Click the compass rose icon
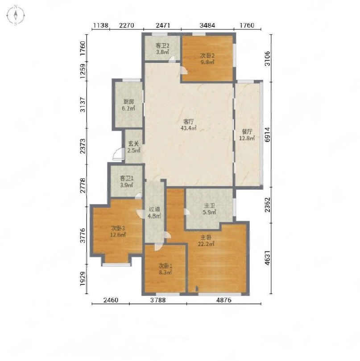pyautogui.click(x=16, y=16)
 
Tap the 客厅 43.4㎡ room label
pyautogui.click(x=189, y=125)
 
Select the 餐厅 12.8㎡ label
pyautogui.click(x=247, y=135)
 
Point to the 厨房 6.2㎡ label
pyautogui.click(x=128, y=105)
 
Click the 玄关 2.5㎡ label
pyautogui.click(x=134, y=148)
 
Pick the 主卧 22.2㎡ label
pyautogui.click(x=206, y=241)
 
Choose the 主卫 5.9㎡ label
pyautogui.click(x=209, y=209)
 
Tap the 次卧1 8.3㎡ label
pyautogui.click(x=165, y=269)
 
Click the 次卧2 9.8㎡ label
pyautogui.click(x=207, y=59)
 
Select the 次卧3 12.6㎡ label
pyautogui.click(x=118, y=232)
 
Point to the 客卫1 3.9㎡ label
pyautogui.click(x=127, y=182)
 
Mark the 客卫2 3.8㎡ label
pyautogui.click(x=162, y=49)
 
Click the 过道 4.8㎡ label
pyautogui.click(x=154, y=213)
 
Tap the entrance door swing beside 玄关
pyautogui.click(x=118, y=154)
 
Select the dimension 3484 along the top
pyautogui.click(x=207, y=25)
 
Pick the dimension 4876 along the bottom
pyautogui.click(x=223, y=300)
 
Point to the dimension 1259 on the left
pyautogui.click(x=83, y=71)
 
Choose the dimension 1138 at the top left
pyautogui.click(x=100, y=25)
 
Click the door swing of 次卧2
pyautogui.click(x=184, y=70)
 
